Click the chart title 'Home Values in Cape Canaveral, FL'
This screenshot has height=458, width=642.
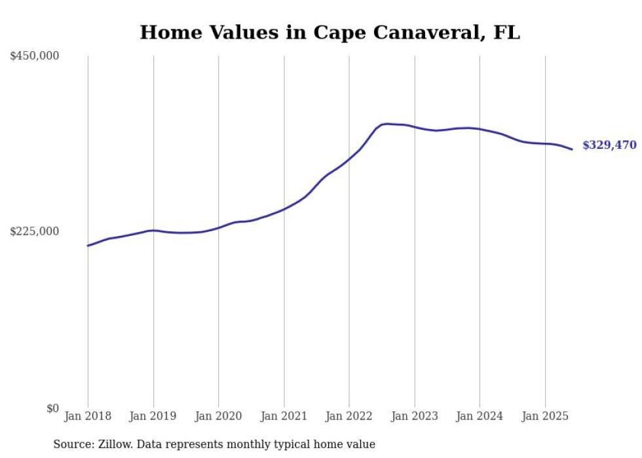point(330,33)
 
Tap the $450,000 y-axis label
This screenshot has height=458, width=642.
point(35,56)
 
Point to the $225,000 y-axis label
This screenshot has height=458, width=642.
point(35,231)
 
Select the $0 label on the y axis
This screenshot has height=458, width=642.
point(52,408)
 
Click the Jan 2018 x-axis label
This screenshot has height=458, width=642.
point(88,416)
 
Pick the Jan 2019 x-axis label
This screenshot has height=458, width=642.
point(153,416)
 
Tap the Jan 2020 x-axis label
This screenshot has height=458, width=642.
point(218,416)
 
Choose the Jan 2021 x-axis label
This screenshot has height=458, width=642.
point(284,416)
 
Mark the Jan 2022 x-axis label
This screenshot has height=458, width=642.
point(349,416)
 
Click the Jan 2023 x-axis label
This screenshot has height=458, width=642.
point(414,416)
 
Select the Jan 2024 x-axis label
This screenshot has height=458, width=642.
point(480,416)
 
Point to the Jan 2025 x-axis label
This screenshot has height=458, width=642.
point(545,416)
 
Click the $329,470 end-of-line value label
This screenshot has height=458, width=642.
point(609,145)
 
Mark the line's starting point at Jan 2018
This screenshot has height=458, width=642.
point(88,246)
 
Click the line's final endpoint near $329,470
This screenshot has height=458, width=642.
point(572,149)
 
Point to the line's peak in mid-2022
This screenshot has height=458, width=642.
point(387,123)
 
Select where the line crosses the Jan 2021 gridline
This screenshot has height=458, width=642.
point(284,209)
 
